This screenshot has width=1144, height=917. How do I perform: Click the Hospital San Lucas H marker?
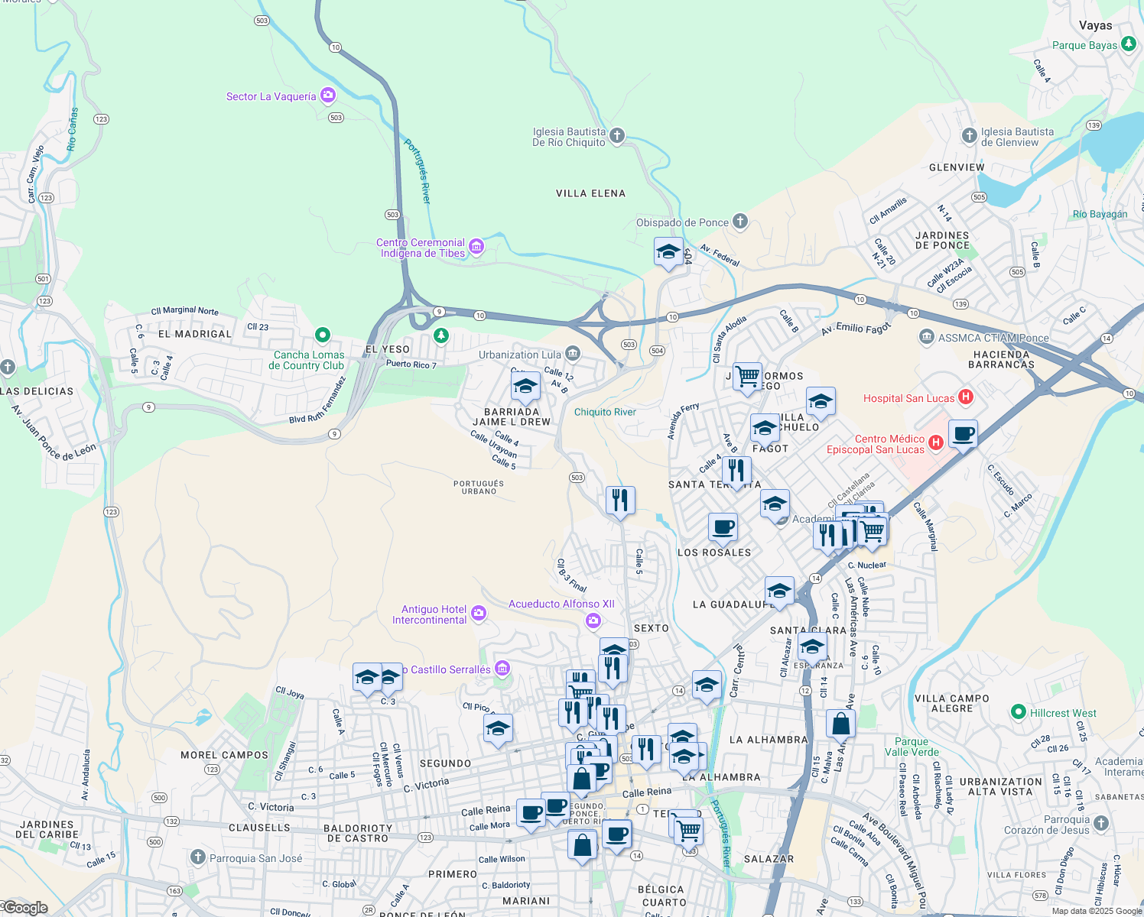coord(966,397)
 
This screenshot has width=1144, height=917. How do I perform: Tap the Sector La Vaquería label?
coord(271,96)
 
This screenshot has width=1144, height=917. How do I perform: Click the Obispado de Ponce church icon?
coord(739,222)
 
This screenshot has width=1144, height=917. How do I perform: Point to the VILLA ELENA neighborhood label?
coord(590,193)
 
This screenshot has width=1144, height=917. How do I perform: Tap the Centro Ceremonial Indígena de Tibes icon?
coord(476,246)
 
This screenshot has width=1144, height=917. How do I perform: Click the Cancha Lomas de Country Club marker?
coord(323,335)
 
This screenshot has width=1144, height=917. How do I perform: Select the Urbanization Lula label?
coord(520,355)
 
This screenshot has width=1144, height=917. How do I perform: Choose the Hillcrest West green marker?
coord(1018,712)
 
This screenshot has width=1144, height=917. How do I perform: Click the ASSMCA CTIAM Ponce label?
coord(993,338)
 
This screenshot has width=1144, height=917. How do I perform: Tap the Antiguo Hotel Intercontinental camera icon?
coord(479,613)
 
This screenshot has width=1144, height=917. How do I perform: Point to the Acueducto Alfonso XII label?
coord(561,604)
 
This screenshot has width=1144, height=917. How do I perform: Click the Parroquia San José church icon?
coord(198,857)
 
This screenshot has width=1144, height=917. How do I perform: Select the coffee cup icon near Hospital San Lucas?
coord(964,435)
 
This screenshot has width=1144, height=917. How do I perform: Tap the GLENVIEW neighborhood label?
coord(957,167)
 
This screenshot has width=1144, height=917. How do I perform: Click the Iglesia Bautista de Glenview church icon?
coord(970,135)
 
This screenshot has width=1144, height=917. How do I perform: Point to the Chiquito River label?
coord(605,412)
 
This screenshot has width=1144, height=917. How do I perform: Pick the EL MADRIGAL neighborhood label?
coord(194,334)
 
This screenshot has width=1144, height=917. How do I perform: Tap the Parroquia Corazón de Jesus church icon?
coord(1100,823)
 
